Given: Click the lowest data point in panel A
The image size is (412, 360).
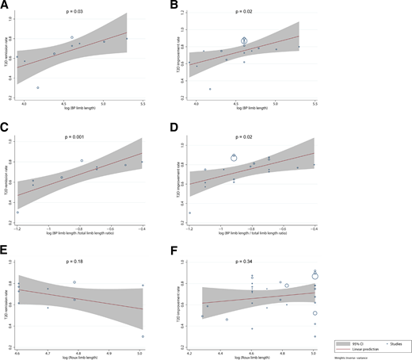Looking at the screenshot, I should pos(38,87).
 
